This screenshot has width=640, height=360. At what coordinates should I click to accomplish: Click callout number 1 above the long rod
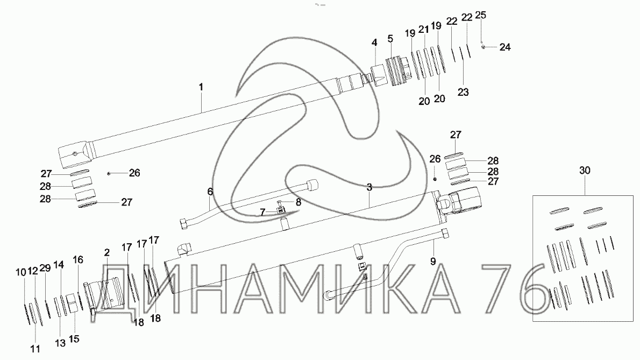click(201, 87)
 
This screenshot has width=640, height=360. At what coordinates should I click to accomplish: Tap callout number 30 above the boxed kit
click(585, 170)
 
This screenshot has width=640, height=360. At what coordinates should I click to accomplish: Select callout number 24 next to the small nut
click(505, 47)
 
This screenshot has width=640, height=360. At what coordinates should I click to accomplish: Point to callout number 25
click(481, 15)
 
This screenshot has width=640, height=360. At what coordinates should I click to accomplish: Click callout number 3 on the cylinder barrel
click(369, 187)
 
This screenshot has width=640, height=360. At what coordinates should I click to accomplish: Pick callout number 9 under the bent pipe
click(433, 261)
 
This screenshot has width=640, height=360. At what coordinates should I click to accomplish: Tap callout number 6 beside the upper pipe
click(210, 192)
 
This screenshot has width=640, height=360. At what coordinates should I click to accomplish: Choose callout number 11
click(35, 349)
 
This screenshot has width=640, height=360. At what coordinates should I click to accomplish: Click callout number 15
click(74, 339)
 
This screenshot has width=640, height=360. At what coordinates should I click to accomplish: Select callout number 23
click(463, 92)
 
